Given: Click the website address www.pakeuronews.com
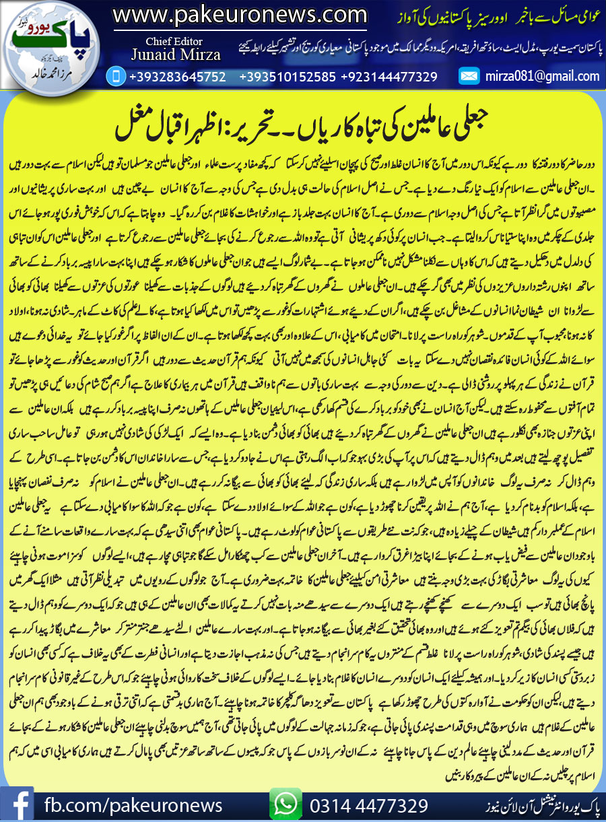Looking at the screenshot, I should pos(239,14).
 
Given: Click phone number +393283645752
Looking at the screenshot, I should pos(177,77).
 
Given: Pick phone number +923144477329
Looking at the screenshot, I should pos(389,77).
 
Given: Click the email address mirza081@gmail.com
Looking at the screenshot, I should pos(542,77).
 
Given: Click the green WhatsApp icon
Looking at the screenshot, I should pos(285,804).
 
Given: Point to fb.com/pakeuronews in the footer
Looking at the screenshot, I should pos(133,805).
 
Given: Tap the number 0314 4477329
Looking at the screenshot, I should pos(369,805).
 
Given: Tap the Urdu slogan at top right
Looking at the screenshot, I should pos(493,15).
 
